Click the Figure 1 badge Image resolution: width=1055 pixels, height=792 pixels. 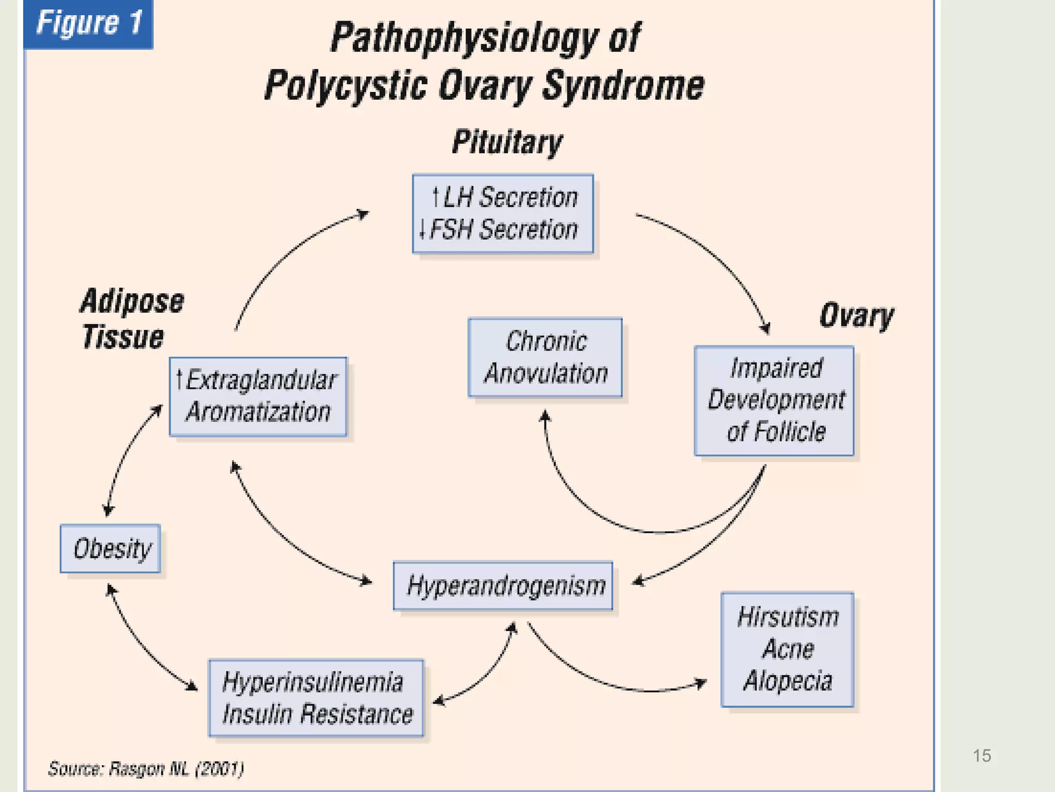tap(88, 24)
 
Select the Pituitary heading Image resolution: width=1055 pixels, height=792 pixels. tap(507, 142)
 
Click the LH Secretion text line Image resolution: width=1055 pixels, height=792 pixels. tap(505, 197)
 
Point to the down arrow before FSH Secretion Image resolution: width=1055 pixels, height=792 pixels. tap(422, 229)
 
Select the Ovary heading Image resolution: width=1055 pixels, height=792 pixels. tap(857, 316)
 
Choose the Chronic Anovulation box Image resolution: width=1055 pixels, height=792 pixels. tap(545, 357)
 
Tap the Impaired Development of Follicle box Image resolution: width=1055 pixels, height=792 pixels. tap(774, 400)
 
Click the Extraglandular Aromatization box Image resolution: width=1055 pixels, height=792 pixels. tap(258, 396)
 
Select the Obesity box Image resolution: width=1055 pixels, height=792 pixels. tap(110, 548)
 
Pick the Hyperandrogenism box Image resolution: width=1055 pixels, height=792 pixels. tap(503, 586)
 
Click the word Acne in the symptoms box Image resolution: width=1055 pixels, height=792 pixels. tap(788, 649)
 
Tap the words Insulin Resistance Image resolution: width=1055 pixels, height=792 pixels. tap(317, 714)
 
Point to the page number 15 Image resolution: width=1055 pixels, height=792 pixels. tap(981, 755)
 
